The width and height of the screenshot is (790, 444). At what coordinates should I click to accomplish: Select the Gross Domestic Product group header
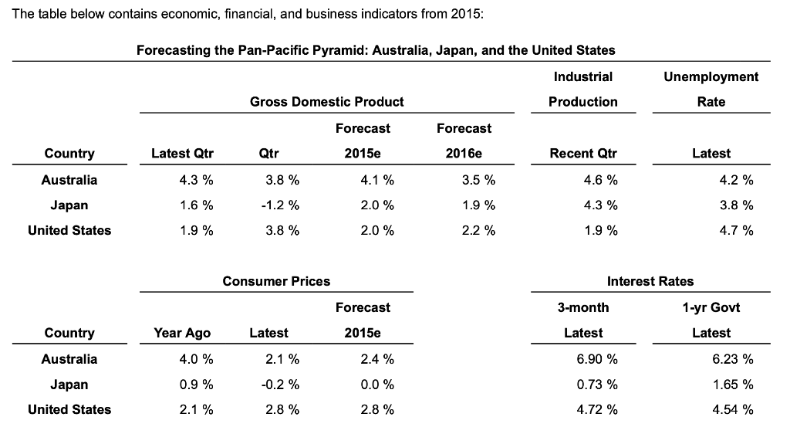click(326, 102)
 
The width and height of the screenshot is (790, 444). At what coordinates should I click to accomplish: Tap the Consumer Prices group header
click(276, 282)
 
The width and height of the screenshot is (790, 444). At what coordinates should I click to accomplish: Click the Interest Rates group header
click(650, 282)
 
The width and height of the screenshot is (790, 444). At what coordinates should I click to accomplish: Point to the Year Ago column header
click(182, 333)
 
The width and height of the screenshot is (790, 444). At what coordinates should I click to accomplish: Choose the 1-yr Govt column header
click(711, 307)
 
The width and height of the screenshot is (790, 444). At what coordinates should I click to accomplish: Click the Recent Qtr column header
click(582, 154)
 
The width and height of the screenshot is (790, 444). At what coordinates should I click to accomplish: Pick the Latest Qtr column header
click(182, 154)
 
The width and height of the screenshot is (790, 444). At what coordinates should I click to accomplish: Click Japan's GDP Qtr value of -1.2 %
click(279, 205)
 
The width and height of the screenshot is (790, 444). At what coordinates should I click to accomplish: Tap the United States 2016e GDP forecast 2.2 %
click(477, 230)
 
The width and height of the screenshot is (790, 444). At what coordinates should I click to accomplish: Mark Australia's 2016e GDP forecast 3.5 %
click(477, 180)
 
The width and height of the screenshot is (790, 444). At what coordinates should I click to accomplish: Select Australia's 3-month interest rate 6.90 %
click(596, 359)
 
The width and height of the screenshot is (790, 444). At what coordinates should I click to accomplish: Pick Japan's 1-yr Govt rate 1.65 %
click(732, 385)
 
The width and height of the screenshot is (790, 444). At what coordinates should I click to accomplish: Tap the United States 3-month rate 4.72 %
click(596, 409)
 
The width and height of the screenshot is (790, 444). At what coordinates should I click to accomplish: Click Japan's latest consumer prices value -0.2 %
click(279, 385)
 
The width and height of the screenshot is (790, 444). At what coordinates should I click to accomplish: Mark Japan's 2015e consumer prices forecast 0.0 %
click(376, 385)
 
